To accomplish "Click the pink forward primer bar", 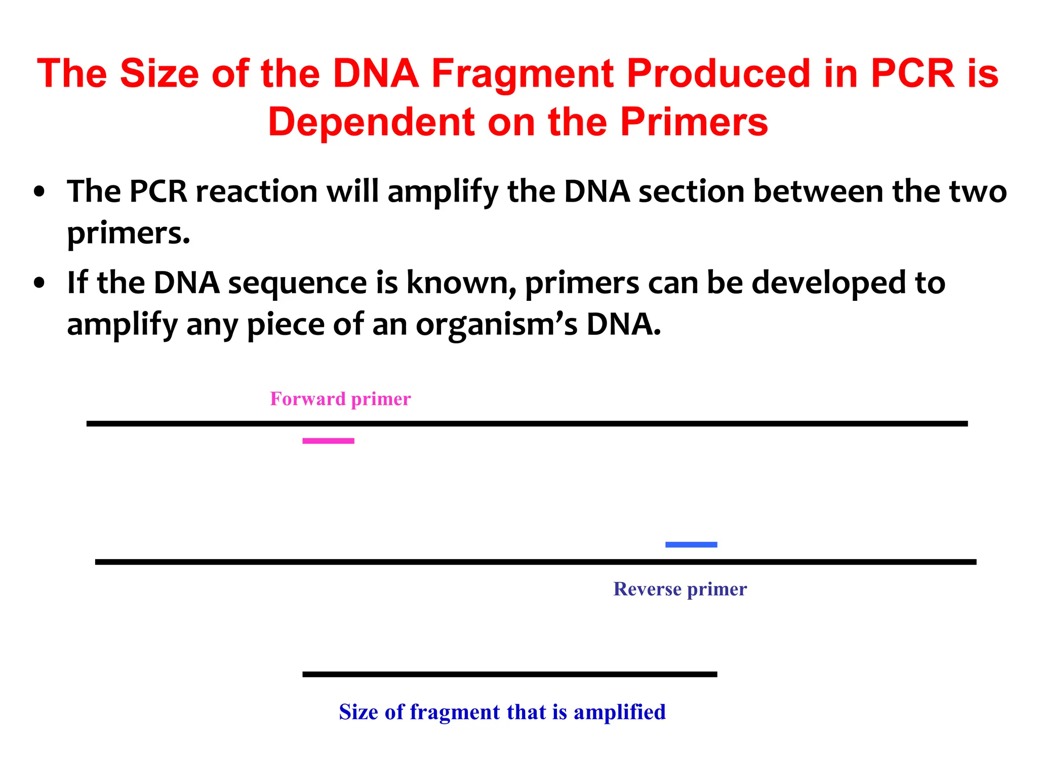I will pos(328,441).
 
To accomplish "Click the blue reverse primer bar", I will pos(691,544).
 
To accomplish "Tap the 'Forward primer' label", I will pos(340,399).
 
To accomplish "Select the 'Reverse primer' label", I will pos(680,589).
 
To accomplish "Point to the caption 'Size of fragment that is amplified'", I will pos(502,712).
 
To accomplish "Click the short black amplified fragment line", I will pos(509,674).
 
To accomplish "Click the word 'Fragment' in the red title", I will pos(523,73).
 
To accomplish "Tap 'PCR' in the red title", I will pos(912,73).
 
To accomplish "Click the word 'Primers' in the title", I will pos(694,122).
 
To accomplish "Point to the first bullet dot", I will pos(39,193).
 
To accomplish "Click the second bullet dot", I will pos(39,284).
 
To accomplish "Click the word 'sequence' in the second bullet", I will pos(298,284).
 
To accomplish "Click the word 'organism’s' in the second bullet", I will pos(496,325).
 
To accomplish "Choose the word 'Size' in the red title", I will pos(160,73).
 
